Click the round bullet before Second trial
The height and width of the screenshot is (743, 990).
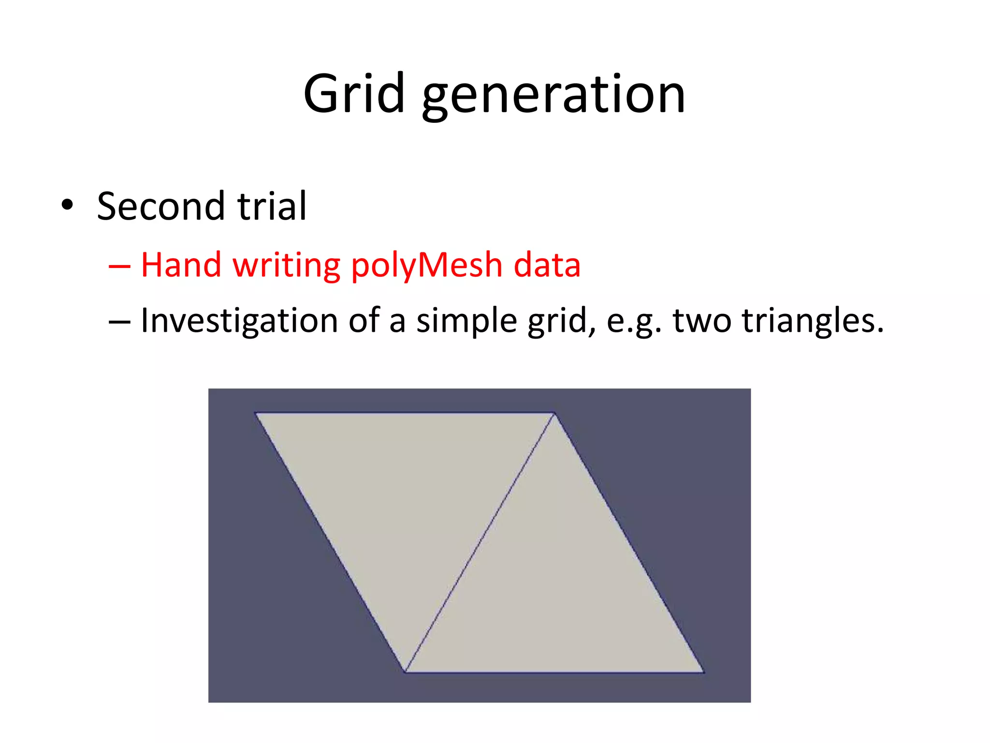tap(67, 205)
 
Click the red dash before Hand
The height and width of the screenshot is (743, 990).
tap(119, 266)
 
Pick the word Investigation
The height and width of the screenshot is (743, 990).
tap(239, 321)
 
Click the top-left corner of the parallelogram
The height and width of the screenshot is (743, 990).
tap(255, 413)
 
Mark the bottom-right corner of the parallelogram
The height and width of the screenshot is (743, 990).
tap(703, 672)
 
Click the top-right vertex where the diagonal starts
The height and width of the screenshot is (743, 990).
tap(554, 414)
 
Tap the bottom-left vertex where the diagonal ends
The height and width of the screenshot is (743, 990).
tap(405, 671)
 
